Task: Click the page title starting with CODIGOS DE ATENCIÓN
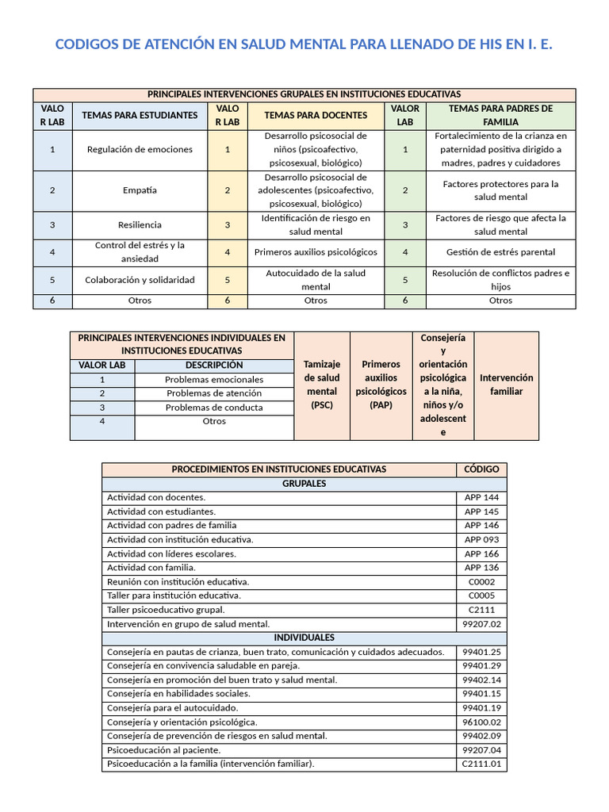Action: pyautogui.click(x=304, y=44)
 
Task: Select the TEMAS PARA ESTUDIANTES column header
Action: pyautogui.click(x=140, y=115)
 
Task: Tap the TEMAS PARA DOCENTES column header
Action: pyautogui.click(x=316, y=115)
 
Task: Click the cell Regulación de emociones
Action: pyautogui.click(x=140, y=149)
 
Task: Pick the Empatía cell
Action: pyautogui.click(x=140, y=190)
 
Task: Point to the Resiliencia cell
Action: pyautogui.click(x=140, y=224)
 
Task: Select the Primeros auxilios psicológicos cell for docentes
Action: pyautogui.click(x=316, y=252)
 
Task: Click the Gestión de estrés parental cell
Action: pyautogui.click(x=500, y=252)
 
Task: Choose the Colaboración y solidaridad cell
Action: pyautogui.click(x=140, y=280)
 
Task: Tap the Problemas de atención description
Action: pyautogui.click(x=214, y=393)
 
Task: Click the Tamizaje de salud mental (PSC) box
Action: pyautogui.click(x=322, y=385)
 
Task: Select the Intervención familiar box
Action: pyautogui.click(x=506, y=385)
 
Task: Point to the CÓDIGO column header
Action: pyautogui.click(x=481, y=469)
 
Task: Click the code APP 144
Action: pyautogui.click(x=481, y=497)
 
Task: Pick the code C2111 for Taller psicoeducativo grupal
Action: pyautogui.click(x=481, y=610)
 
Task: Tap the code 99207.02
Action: pyautogui.click(x=481, y=624)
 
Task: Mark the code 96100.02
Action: pyautogui.click(x=481, y=722)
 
